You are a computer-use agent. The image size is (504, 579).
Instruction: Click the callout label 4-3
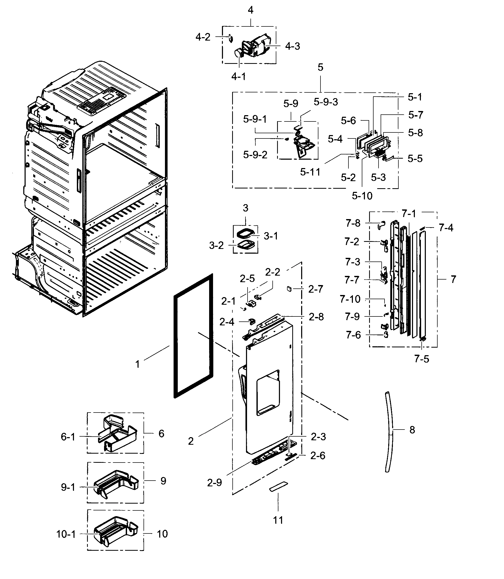292,46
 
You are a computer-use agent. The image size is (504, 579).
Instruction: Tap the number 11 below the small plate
278,520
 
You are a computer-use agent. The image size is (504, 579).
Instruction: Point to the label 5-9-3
325,102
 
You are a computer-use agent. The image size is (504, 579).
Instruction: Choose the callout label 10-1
66,534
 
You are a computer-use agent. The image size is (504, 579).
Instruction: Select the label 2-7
316,289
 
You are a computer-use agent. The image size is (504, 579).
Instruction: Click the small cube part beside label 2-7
289,289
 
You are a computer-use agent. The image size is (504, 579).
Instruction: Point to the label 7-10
350,299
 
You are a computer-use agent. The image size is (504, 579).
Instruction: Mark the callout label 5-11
310,172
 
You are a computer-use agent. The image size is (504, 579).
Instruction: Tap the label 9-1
68,487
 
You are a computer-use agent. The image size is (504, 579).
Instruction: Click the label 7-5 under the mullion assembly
421,359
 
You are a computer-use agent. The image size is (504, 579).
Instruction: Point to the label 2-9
214,483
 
